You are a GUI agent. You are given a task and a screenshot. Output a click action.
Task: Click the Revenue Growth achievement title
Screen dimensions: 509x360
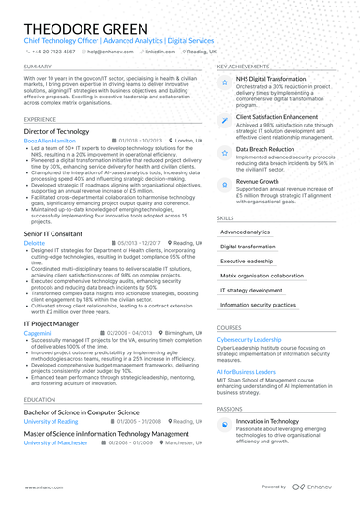[257, 181]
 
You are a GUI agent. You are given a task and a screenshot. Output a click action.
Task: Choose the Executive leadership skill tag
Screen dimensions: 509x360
[247, 261]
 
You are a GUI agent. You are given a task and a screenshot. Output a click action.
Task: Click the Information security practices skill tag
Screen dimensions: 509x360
[258, 305]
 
